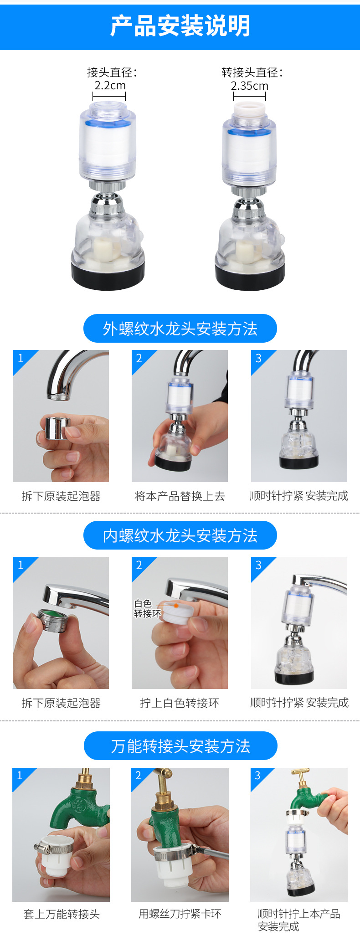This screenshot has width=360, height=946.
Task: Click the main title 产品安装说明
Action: [180, 26]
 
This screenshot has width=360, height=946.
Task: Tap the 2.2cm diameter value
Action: [110, 86]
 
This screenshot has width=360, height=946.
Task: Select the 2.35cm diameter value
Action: [249, 86]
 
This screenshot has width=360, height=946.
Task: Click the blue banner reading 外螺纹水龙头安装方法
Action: [180, 329]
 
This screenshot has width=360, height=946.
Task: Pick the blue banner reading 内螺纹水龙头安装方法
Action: [180, 535]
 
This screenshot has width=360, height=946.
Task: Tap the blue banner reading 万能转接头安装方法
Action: [180, 746]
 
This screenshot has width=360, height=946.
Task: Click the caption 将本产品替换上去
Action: [180, 496]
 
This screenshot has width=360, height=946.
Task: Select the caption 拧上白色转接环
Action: [180, 703]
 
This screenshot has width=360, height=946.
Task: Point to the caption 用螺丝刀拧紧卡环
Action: [180, 914]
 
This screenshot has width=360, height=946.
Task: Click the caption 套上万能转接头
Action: [61, 914]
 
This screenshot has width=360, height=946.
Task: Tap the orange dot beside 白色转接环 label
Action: [176, 606]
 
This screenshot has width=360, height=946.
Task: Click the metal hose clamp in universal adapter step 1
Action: [54, 848]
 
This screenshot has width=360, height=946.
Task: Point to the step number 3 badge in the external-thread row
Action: [258, 358]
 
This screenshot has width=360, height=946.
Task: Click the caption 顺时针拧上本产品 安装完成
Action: [298, 920]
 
